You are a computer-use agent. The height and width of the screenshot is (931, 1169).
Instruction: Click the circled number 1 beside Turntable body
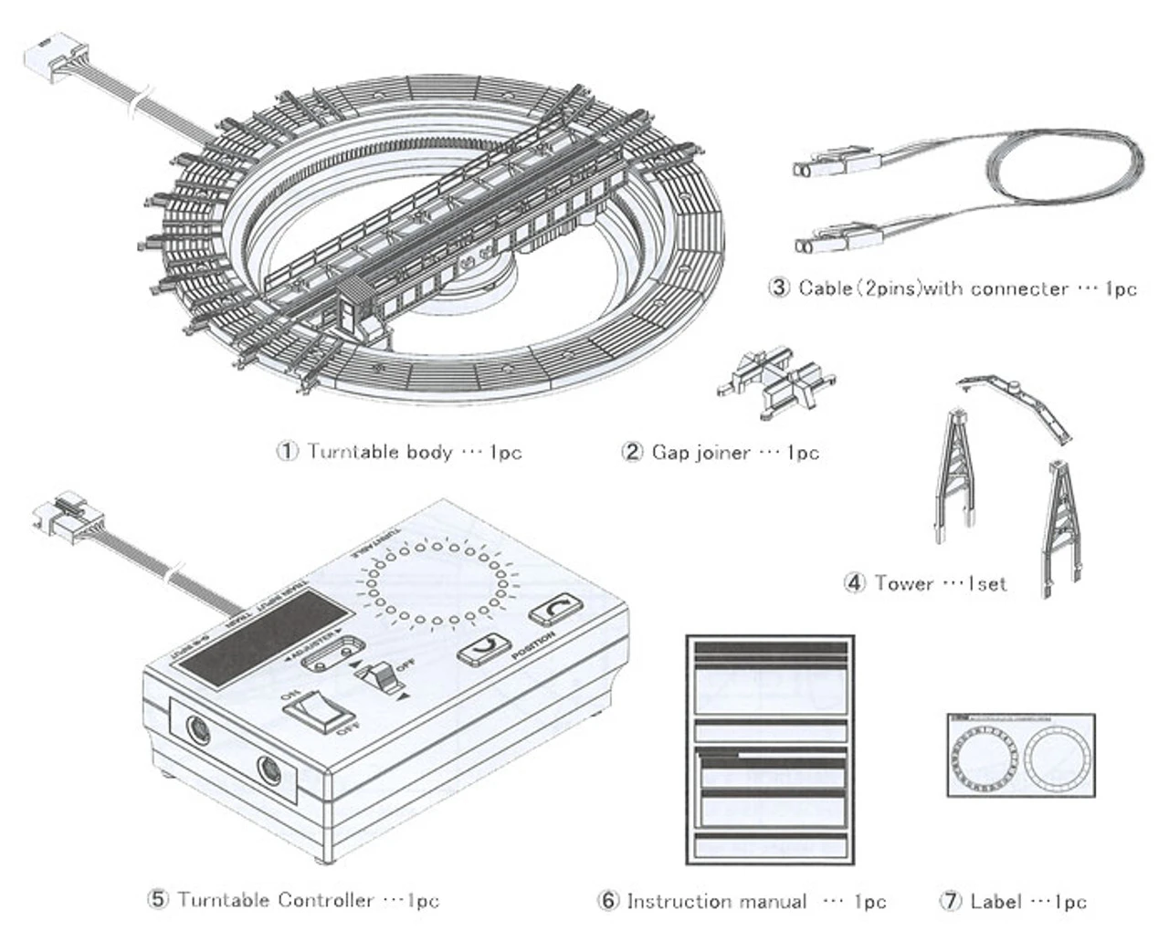pos(288,452)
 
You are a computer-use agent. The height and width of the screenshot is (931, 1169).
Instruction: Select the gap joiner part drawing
pos(776,384)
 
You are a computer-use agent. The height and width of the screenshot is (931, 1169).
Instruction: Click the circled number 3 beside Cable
pos(779,288)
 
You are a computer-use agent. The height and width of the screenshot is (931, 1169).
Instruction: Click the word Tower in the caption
pos(904,582)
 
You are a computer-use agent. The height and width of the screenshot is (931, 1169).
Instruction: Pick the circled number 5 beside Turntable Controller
pos(158,900)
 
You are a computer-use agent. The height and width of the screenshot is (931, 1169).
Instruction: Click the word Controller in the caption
pos(325,900)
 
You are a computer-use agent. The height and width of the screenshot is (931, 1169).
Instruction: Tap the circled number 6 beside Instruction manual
pos(608,902)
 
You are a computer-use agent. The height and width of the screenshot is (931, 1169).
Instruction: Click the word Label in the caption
pos(995,902)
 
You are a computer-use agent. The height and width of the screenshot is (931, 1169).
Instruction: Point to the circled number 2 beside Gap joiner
pos(632,452)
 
